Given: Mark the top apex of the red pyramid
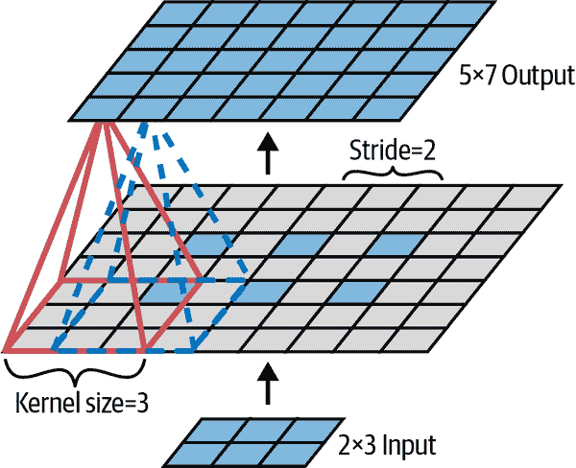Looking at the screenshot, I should point(102,123).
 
